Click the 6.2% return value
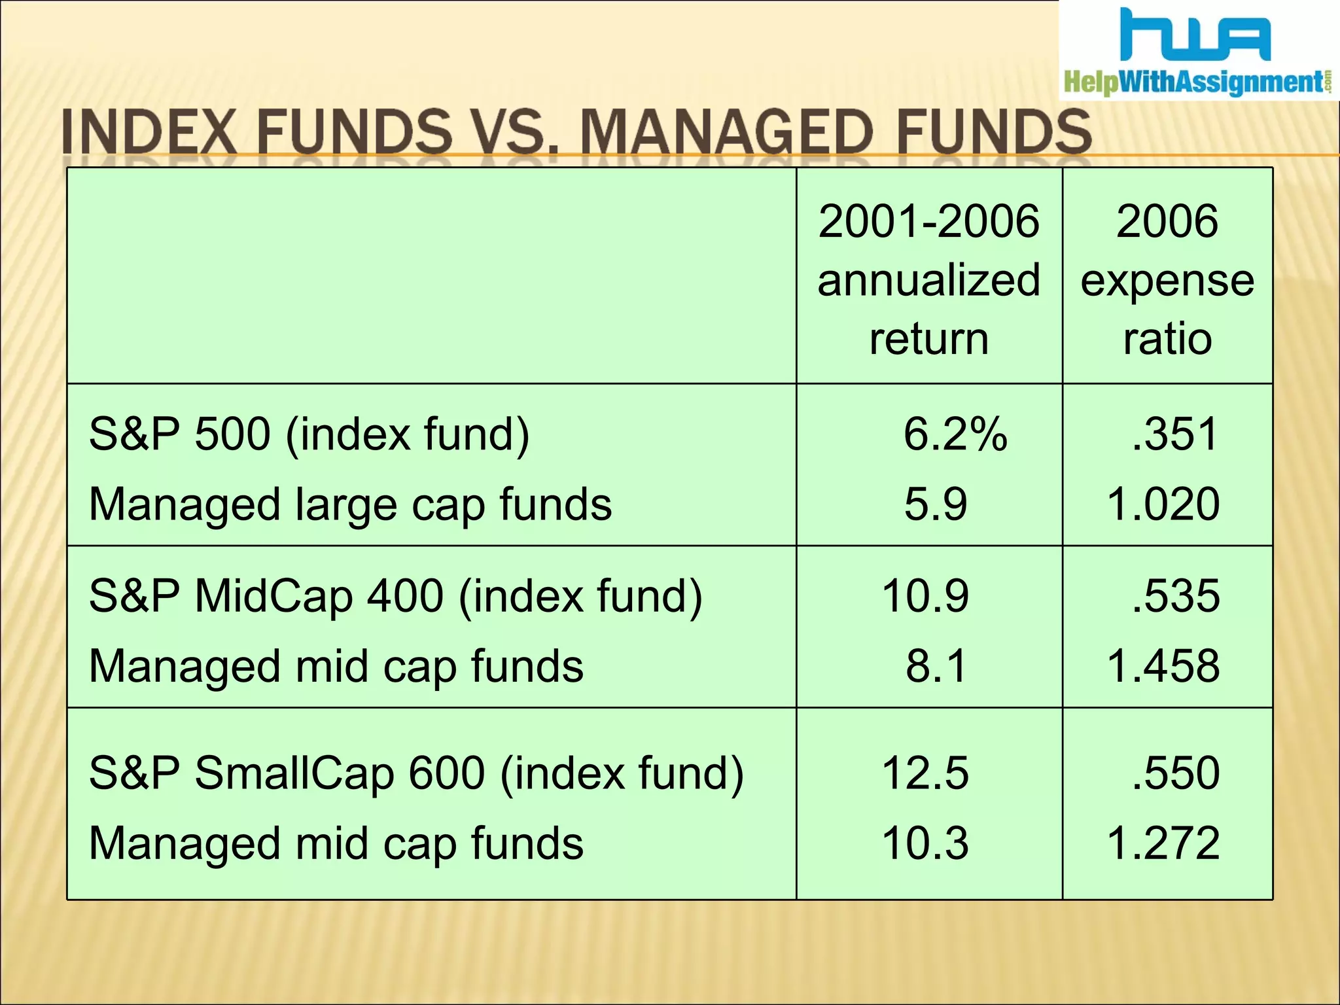pos(955,434)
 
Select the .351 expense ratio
pos(1175,434)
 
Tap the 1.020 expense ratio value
pos(1163,504)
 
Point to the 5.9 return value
pos(936,504)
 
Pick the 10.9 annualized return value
pos(925,596)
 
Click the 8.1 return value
pos(936,667)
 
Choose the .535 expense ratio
pos(1175,596)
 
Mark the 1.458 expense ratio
pos(1163,667)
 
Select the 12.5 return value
pos(925,773)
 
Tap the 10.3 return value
pos(925,843)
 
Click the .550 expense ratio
pos(1175,773)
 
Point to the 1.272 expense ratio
pos(1163,843)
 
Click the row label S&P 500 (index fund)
pos(309,434)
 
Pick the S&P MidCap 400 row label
pos(395,597)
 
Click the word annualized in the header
pos(928,281)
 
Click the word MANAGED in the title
pos(726,131)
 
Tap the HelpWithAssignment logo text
pos(1194,82)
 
